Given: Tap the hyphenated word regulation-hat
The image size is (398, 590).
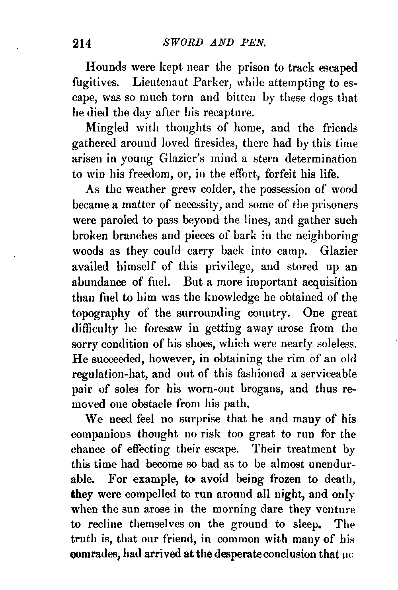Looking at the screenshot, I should pos(116,374).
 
